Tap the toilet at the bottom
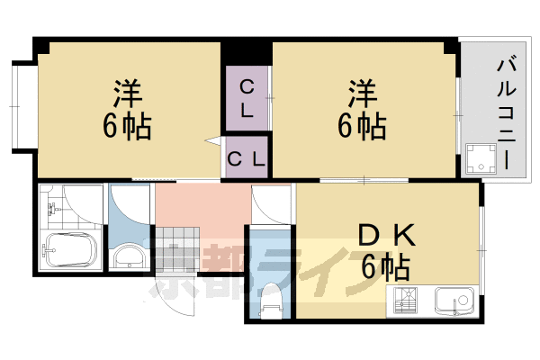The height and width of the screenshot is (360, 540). coord(269,300)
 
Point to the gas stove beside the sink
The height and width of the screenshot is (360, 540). coord(404,301)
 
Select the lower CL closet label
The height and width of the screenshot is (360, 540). coord(247,160)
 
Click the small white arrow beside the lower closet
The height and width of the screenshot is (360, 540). coord(213,141)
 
